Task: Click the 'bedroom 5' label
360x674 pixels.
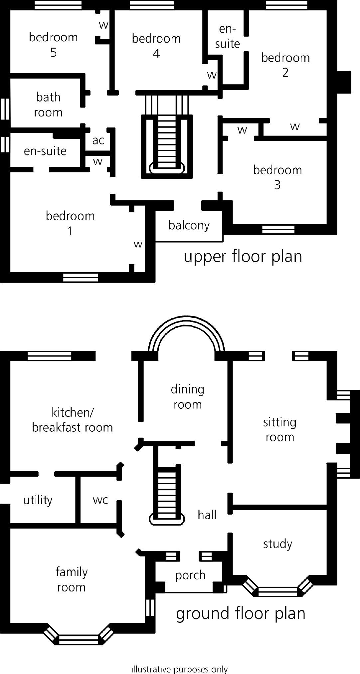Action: coord(53,45)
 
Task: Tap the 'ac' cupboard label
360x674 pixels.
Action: coord(98,140)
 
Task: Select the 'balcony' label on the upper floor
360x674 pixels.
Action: coord(189,225)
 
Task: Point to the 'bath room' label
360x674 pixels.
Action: coord(48,105)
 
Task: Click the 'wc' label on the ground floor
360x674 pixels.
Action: coord(100,500)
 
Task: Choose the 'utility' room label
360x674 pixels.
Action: coord(38,500)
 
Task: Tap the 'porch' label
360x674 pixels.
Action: coord(190,575)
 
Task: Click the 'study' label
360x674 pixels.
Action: coord(277,544)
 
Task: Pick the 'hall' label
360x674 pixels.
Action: coord(207,515)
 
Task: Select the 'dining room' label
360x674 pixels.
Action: coord(187,396)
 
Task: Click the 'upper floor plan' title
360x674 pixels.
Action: coord(243,256)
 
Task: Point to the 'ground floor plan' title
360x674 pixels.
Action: coord(241,613)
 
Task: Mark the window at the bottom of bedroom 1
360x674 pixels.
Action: coord(81,277)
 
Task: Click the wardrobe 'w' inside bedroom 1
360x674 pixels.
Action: coord(138,244)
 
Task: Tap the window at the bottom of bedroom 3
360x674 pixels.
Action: coord(278,229)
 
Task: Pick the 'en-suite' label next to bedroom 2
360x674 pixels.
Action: coord(228,36)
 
